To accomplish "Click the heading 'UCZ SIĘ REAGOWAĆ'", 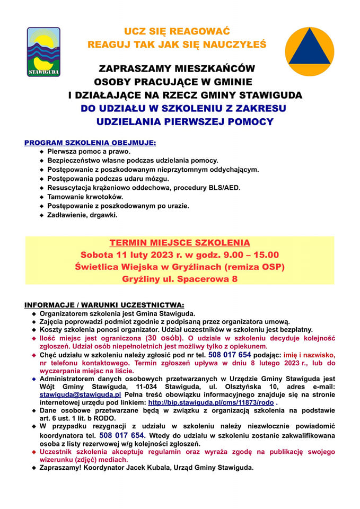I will [x=177, y=32].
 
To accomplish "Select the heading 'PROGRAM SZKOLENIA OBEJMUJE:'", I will [x=90, y=143].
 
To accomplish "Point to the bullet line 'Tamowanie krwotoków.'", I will [x=85, y=196].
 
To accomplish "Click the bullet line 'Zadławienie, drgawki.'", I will [x=82, y=215].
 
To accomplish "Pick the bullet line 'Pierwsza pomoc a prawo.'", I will [x=89, y=151].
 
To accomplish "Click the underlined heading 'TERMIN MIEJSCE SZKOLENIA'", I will [x=180, y=243].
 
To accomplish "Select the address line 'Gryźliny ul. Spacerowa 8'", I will [x=180, y=279].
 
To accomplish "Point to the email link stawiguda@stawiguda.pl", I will [x=81, y=394].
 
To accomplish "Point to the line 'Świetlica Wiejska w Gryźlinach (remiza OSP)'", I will [x=180, y=267].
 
